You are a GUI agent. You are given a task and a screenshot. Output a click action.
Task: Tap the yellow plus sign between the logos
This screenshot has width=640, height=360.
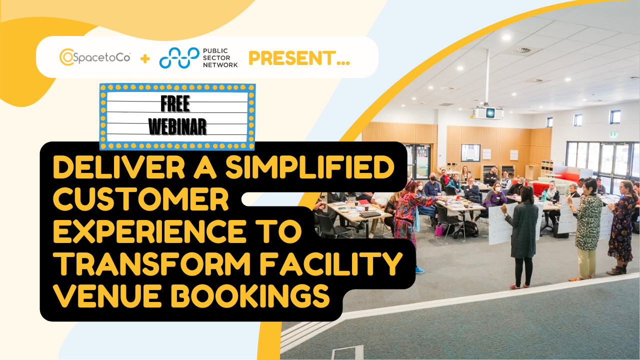tap(145, 58)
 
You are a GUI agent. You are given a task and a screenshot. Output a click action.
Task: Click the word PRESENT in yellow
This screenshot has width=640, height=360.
tap(299, 58)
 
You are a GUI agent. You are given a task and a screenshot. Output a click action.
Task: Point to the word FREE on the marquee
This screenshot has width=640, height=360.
tap(175, 104)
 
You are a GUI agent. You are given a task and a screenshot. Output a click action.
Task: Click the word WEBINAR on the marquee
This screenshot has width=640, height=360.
tap(177, 127)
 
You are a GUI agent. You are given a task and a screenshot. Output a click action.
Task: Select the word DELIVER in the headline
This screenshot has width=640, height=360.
tap(102, 168)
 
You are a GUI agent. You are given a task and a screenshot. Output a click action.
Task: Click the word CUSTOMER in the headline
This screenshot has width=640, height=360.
tap(141, 201)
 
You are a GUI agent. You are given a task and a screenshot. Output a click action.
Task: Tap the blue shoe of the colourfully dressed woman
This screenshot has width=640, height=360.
tap(419, 269)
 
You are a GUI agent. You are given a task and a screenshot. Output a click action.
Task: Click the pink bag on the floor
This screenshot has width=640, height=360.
tap(439, 230)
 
